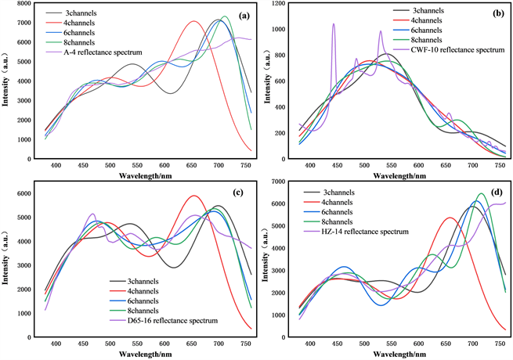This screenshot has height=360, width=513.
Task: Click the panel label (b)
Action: (497, 15)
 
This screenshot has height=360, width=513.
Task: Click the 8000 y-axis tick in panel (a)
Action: (26, 5)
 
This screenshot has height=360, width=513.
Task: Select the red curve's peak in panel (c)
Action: (193, 196)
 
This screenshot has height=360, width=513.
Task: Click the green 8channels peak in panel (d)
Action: (482, 194)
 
